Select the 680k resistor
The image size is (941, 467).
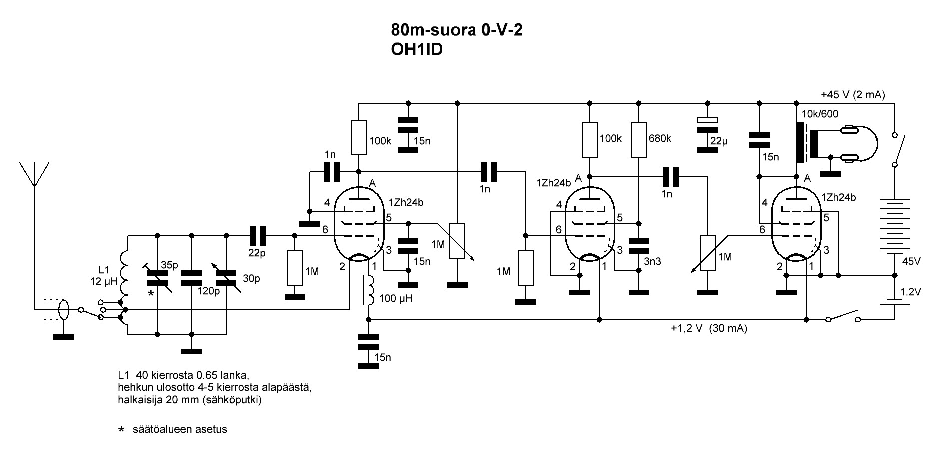pyautogui.click(x=639, y=140)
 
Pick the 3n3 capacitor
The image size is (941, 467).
pyautogui.click(x=639, y=246)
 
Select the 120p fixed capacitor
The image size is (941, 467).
pyautogui.click(x=191, y=278)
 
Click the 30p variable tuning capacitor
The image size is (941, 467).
pyautogui.click(x=226, y=278)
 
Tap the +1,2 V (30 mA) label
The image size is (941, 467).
pyautogui.click(x=709, y=329)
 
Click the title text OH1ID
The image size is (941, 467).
pyautogui.click(x=417, y=50)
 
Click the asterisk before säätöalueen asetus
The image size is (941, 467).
pyautogui.click(x=120, y=429)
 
